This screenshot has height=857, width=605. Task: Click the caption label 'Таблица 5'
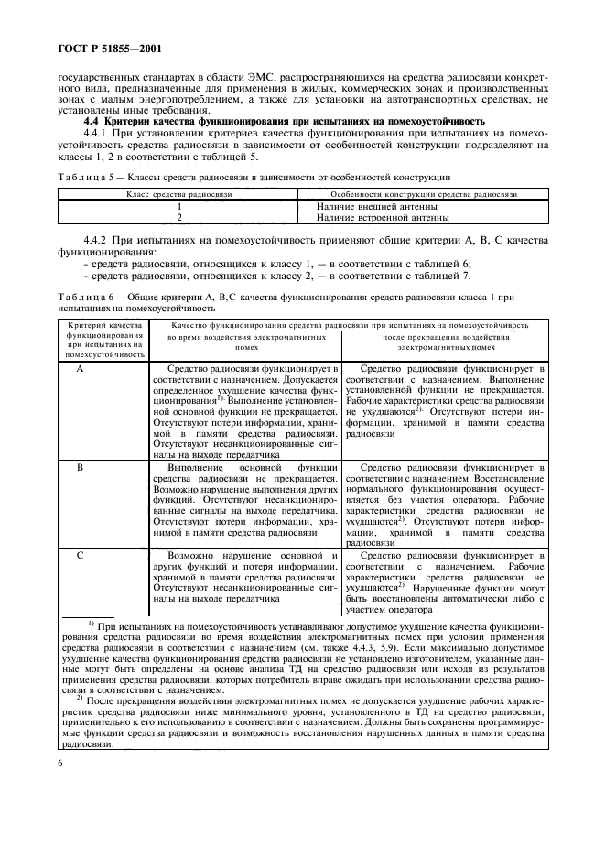click(x=84, y=176)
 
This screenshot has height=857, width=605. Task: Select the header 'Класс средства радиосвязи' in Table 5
click(x=178, y=195)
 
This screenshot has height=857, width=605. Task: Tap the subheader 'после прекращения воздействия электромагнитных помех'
click(x=446, y=342)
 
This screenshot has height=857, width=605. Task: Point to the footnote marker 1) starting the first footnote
click(x=92, y=623)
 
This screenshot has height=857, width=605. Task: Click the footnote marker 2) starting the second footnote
click(x=92, y=699)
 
